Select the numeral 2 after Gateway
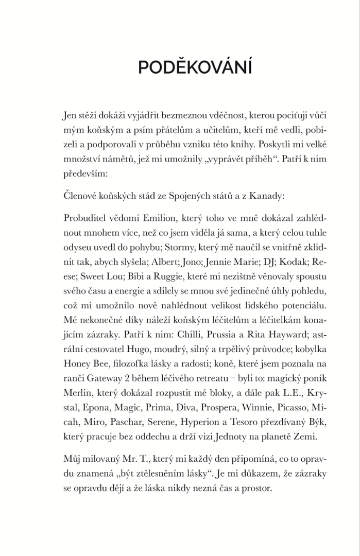[x=134, y=378]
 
